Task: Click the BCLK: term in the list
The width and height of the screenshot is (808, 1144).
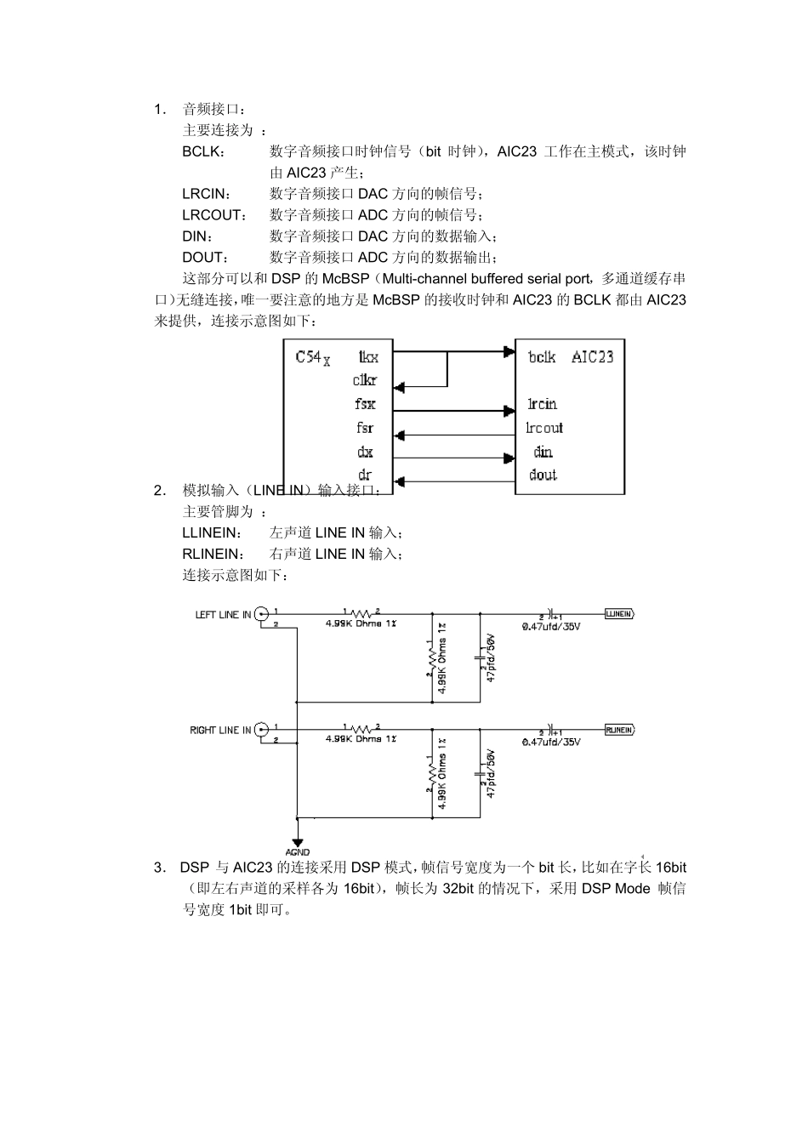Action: click(203, 151)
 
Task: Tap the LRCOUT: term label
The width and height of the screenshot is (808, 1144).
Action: click(213, 215)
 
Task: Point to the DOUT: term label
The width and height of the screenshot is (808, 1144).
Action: click(205, 258)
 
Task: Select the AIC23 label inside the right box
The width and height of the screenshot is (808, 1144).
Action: click(592, 357)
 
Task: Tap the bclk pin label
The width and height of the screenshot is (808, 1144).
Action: click(542, 357)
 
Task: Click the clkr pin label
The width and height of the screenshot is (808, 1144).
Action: click(365, 381)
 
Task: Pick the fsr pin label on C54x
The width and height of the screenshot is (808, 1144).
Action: click(365, 428)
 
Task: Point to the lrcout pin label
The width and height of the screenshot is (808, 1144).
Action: click(544, 428)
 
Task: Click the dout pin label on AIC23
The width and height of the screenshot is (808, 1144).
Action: click(543, 475)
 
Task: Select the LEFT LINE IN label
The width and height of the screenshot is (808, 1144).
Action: click(223, 615)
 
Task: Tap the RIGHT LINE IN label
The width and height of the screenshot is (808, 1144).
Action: click(220, 731)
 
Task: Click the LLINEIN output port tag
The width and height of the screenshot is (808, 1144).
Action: click(618, 614)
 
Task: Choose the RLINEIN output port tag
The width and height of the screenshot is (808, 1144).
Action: click(618, 730)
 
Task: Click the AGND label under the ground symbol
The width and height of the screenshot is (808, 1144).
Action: click(298, 852)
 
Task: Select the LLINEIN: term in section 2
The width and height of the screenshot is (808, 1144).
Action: click(212, 533)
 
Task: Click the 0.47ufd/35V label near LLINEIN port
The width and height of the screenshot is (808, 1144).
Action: click(551, 626)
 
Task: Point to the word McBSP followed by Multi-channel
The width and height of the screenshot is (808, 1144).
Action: click(345, 279)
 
